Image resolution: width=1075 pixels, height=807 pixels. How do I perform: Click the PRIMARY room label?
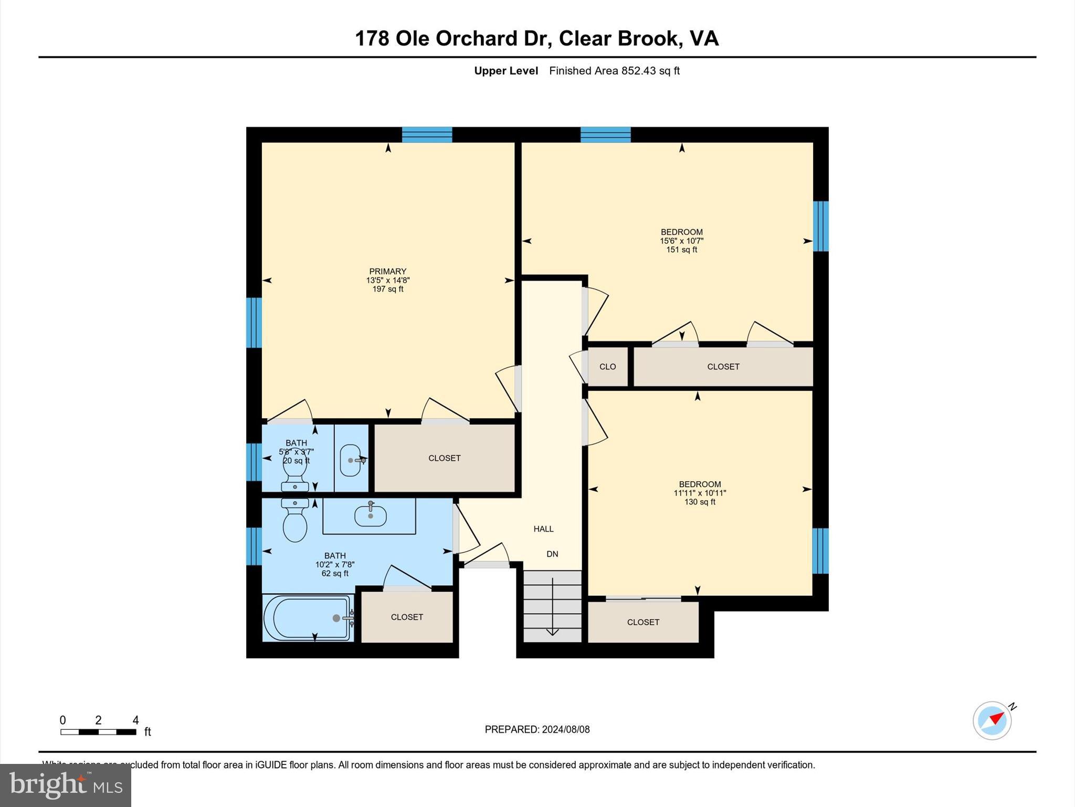coord(387,272)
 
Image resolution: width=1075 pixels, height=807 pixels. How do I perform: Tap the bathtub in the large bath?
coord(308,618)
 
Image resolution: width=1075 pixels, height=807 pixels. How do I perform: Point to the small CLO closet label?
coord(607,367)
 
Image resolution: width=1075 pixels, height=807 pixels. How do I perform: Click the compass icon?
coord(992,720)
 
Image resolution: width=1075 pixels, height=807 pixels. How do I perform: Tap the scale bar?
coord(98,731)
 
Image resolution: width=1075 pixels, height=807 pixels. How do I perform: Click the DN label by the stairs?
coord(552,554)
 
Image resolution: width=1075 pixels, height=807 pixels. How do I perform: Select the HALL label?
coord(543,529)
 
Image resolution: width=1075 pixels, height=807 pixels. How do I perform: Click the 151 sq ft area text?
coord(681,250)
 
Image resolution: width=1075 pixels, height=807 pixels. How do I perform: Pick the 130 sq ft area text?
coord(699,502)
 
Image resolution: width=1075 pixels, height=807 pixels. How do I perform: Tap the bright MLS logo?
coord(66,785)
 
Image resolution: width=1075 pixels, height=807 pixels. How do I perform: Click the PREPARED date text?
coord(537,729)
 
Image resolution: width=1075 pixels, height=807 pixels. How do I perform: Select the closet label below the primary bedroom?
coord(444,458)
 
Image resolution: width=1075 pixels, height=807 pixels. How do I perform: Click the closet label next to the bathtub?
coord(407,617)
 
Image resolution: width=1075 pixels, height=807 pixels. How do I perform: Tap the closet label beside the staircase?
coord(643,622)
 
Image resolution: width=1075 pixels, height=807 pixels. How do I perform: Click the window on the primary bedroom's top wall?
coord(427,134)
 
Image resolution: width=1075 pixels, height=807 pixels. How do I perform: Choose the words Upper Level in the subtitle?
coord(506,71)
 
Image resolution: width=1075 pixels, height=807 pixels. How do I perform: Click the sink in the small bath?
coord(351,460)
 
